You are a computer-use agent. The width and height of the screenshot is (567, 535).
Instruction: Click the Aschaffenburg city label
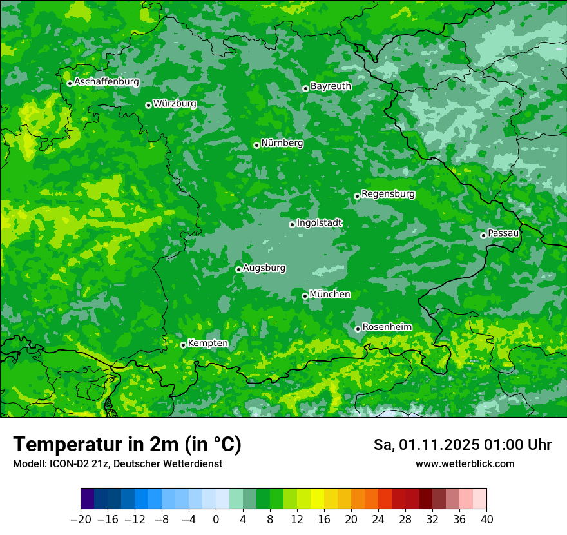(x=106, y=82)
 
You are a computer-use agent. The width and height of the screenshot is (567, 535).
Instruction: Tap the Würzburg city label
(x=175, y=104)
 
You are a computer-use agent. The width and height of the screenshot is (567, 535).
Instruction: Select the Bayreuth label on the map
(x=331, y=86)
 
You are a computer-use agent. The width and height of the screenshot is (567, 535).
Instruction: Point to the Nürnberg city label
(x=282, y=143)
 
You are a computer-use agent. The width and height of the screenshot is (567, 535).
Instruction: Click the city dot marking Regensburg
(x=357, y=196)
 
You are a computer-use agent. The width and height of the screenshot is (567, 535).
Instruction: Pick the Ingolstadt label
(x=320, y=223)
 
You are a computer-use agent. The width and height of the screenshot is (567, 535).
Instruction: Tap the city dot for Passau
(x=483, y=235)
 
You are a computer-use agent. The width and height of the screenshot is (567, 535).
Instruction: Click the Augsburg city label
(x=265, y=268)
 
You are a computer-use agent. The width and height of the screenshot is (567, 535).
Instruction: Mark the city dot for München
(x=305, y=296)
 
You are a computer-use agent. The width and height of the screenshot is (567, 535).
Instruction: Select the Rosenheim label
(x=387, y=327)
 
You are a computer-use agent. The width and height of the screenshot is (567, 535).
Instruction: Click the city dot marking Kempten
(x=183, y=345)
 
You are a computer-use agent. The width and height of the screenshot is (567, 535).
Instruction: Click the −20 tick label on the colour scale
(x=81, y=520)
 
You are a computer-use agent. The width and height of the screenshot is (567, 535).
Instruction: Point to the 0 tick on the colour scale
(x=216, y=520)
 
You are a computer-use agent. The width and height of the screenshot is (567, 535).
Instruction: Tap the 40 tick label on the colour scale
(x=486, y=520)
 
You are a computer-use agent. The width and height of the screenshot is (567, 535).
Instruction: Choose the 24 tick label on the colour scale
(x=378, y=520)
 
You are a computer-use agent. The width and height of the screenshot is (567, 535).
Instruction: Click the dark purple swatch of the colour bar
(x=87, y=499)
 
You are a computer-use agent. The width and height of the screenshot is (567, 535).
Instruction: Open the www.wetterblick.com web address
(x=465, y=464)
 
